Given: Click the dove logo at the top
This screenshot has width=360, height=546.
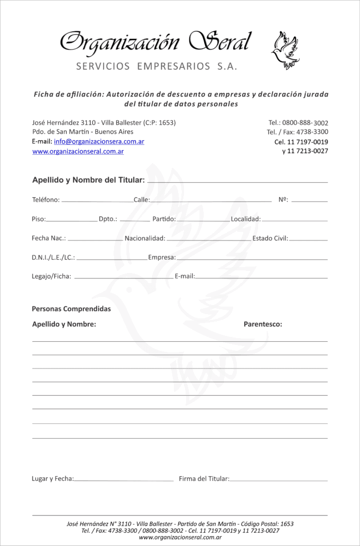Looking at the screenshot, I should pos(285,51).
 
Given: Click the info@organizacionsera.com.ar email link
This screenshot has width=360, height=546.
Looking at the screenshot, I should pos(99,141).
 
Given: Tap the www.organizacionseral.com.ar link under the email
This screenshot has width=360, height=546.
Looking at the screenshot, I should pos(78,151).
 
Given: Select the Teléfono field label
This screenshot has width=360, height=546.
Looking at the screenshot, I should pos(46,200).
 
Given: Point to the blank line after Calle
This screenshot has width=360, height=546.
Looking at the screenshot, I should pos(211,202).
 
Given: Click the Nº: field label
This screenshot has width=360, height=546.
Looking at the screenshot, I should pos(283,200).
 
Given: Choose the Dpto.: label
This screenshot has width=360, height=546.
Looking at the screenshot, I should pos(108,219).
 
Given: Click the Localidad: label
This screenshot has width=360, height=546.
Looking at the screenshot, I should pos(245,219).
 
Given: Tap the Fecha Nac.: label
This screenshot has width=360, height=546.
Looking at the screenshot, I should pos(49,238).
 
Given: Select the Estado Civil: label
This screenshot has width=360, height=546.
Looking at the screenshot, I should pos(270,238).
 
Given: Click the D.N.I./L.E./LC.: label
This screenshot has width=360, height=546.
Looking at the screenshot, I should pos(53,258).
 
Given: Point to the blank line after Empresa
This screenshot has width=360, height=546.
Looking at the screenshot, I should pos(252,260).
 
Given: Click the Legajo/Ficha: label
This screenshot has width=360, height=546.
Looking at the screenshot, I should pos(51,277).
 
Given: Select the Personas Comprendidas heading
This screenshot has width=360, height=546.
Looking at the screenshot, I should pos(71,309).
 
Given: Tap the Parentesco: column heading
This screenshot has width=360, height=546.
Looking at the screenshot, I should pos(263,324).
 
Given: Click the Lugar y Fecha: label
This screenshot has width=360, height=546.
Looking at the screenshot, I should pos(53,479).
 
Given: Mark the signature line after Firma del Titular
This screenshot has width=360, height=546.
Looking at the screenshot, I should pos(278,481).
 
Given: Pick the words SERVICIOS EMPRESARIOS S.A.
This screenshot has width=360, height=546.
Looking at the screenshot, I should pos(156,67).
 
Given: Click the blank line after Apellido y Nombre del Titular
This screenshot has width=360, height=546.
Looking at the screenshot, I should pos(237,182).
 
